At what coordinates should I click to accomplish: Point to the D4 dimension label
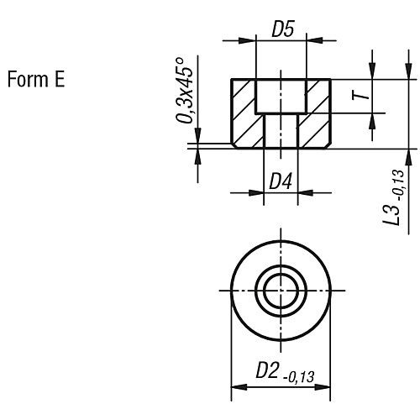click(280, 180)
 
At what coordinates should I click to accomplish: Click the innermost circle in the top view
click(281, 291)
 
